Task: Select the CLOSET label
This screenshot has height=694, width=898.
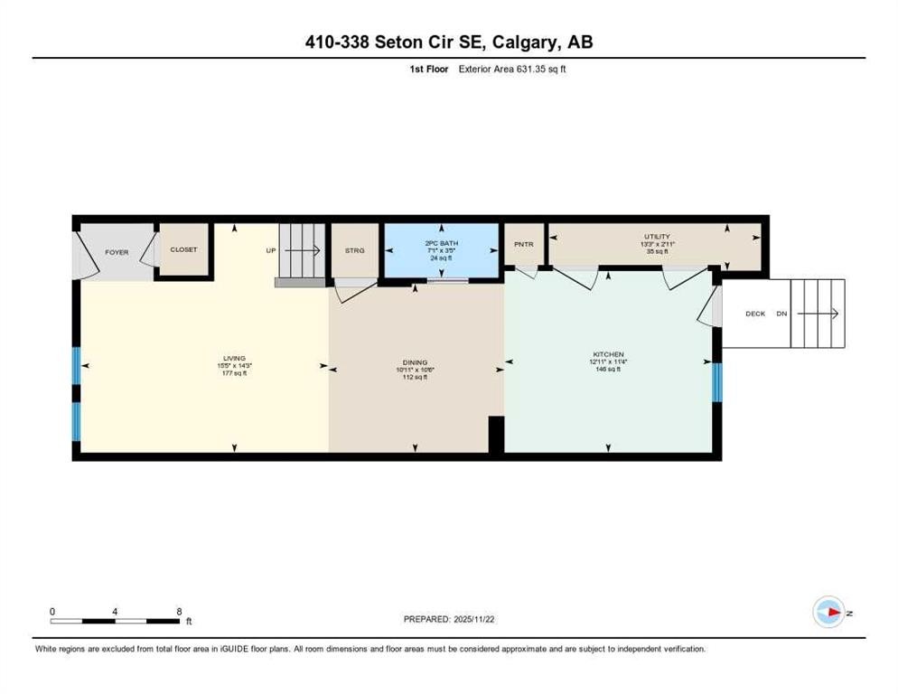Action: [x=183, y=249]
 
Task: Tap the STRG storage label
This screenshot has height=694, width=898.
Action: [x=354, y=250]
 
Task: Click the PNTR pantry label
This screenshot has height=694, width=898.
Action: [x=524, y=244]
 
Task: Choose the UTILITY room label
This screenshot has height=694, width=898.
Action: [x=657, y=237]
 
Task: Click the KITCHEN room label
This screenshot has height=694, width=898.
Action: [x=609, y=354]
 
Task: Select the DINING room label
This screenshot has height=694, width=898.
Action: [x=415, y=362]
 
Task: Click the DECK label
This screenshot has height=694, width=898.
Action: [x=755, y=314]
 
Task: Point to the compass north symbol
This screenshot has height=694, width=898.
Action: [x=828, y=613]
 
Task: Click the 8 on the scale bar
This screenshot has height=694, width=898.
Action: [x=179, y=611]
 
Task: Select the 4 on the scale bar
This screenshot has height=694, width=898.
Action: [x=116, y=611]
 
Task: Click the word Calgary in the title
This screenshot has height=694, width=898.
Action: [x=510, y=42]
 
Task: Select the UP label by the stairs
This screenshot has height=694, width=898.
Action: [x=270, y=250]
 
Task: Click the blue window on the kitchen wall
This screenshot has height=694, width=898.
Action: [x=717, y=381]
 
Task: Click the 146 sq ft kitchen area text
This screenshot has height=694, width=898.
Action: [x=609, y=369]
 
